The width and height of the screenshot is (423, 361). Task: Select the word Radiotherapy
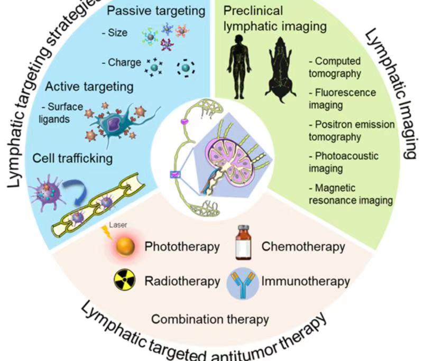(x=182, y=281)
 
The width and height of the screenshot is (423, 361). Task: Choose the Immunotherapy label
(x=305, y=281)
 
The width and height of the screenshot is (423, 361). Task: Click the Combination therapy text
(x=210, y=319)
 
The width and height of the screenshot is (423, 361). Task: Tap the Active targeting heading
(x=89, y=86)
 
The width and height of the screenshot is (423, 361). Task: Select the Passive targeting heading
(x=148, y=10)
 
